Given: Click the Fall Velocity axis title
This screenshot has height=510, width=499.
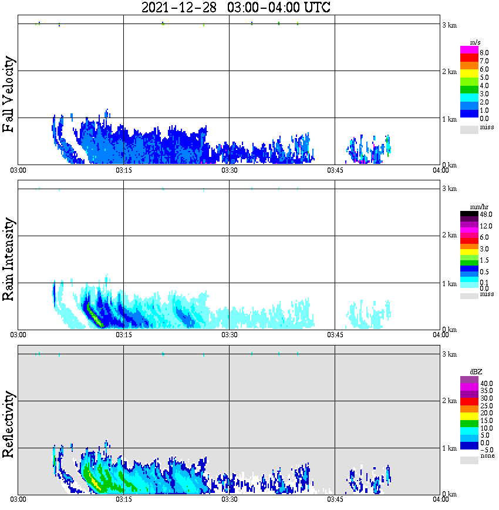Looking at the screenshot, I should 8,95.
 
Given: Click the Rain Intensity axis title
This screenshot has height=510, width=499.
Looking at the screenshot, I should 8,259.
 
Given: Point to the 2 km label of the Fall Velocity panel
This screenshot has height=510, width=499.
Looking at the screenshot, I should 449,72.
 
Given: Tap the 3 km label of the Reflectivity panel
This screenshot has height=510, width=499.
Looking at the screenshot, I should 449,354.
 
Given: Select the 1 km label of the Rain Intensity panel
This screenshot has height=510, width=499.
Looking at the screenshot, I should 449,284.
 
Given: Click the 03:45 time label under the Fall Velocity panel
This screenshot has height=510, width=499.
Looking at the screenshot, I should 335,170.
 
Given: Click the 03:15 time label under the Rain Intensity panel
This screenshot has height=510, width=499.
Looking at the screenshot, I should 123,334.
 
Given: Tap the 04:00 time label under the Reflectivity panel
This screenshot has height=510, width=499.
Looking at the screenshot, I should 441,499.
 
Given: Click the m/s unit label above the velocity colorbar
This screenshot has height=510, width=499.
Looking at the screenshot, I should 476,43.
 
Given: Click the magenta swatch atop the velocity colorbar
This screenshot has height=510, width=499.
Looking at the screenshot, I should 468,50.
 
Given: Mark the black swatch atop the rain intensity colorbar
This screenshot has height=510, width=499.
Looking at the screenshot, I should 468,214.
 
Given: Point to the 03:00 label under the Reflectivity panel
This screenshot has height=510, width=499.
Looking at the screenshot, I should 18,499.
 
